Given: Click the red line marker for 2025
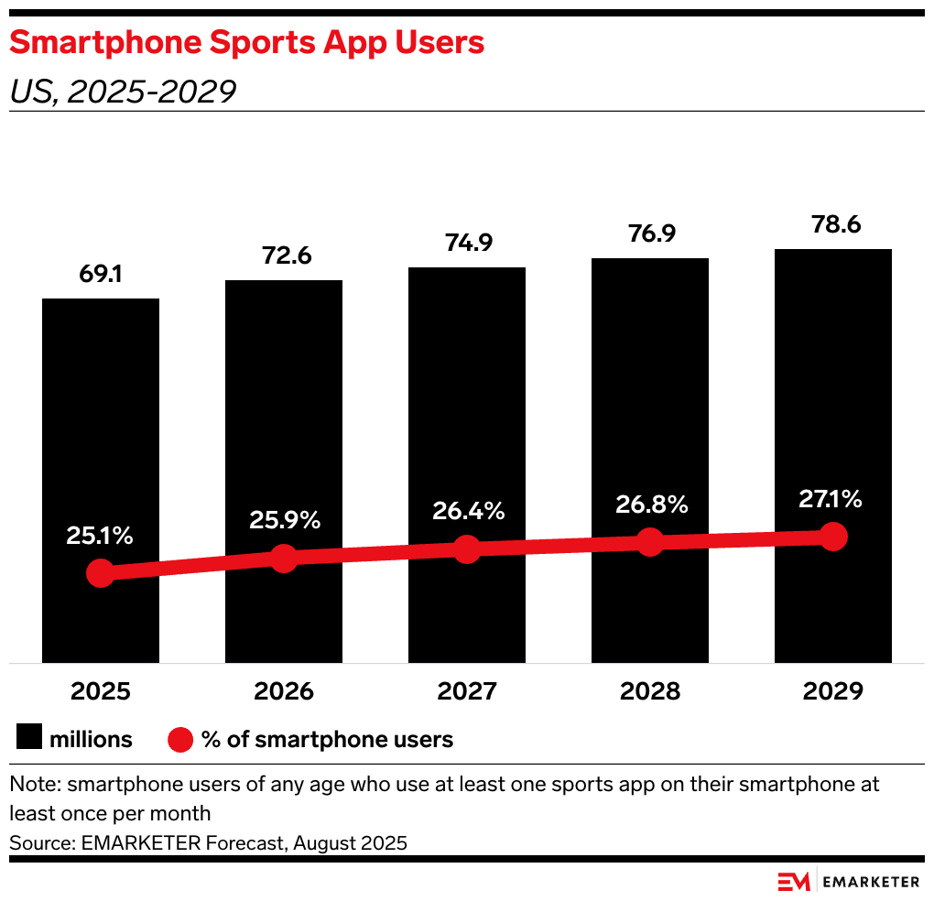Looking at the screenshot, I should click(101, 574).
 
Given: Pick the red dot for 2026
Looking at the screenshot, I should click(284, 558).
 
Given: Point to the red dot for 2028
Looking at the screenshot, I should click(650, 541).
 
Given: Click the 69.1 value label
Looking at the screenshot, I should click(101, 275).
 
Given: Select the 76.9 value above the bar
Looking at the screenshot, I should click(650, 233).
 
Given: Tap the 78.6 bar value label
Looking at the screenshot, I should click(833, 224).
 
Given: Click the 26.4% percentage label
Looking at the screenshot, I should click(467, 511).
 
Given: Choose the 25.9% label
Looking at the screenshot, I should click(284, 520).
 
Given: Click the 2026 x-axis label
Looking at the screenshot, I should click(284, 691).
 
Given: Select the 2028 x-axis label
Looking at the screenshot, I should click(650, 691).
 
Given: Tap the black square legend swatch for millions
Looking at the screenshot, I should click(28, 738).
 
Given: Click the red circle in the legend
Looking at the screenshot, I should click(181, 739).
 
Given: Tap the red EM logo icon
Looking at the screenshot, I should click(794, 881).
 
